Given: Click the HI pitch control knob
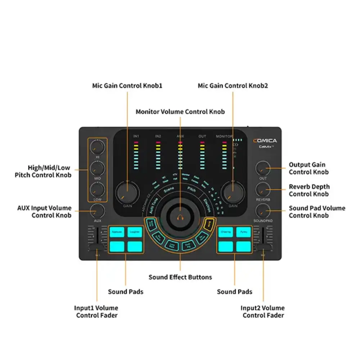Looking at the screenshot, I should [97, 147].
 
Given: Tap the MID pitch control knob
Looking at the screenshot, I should [97, 168].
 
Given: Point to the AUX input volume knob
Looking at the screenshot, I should [97, 211].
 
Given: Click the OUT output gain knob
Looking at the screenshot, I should [263, 168].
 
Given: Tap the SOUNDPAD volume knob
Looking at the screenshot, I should [263, 210].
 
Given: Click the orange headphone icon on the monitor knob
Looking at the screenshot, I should [180, 218].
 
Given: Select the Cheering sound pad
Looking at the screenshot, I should [226, 232].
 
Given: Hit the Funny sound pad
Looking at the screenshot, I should [244, 232].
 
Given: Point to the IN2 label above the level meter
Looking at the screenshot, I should [158, 136].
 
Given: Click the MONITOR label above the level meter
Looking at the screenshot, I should [224, 136].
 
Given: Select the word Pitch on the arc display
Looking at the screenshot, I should [191, 189].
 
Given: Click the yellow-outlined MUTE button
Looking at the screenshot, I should [208, 224].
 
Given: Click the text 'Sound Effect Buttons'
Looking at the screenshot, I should [180, 277].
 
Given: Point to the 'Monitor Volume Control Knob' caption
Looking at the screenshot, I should [180, 112].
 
